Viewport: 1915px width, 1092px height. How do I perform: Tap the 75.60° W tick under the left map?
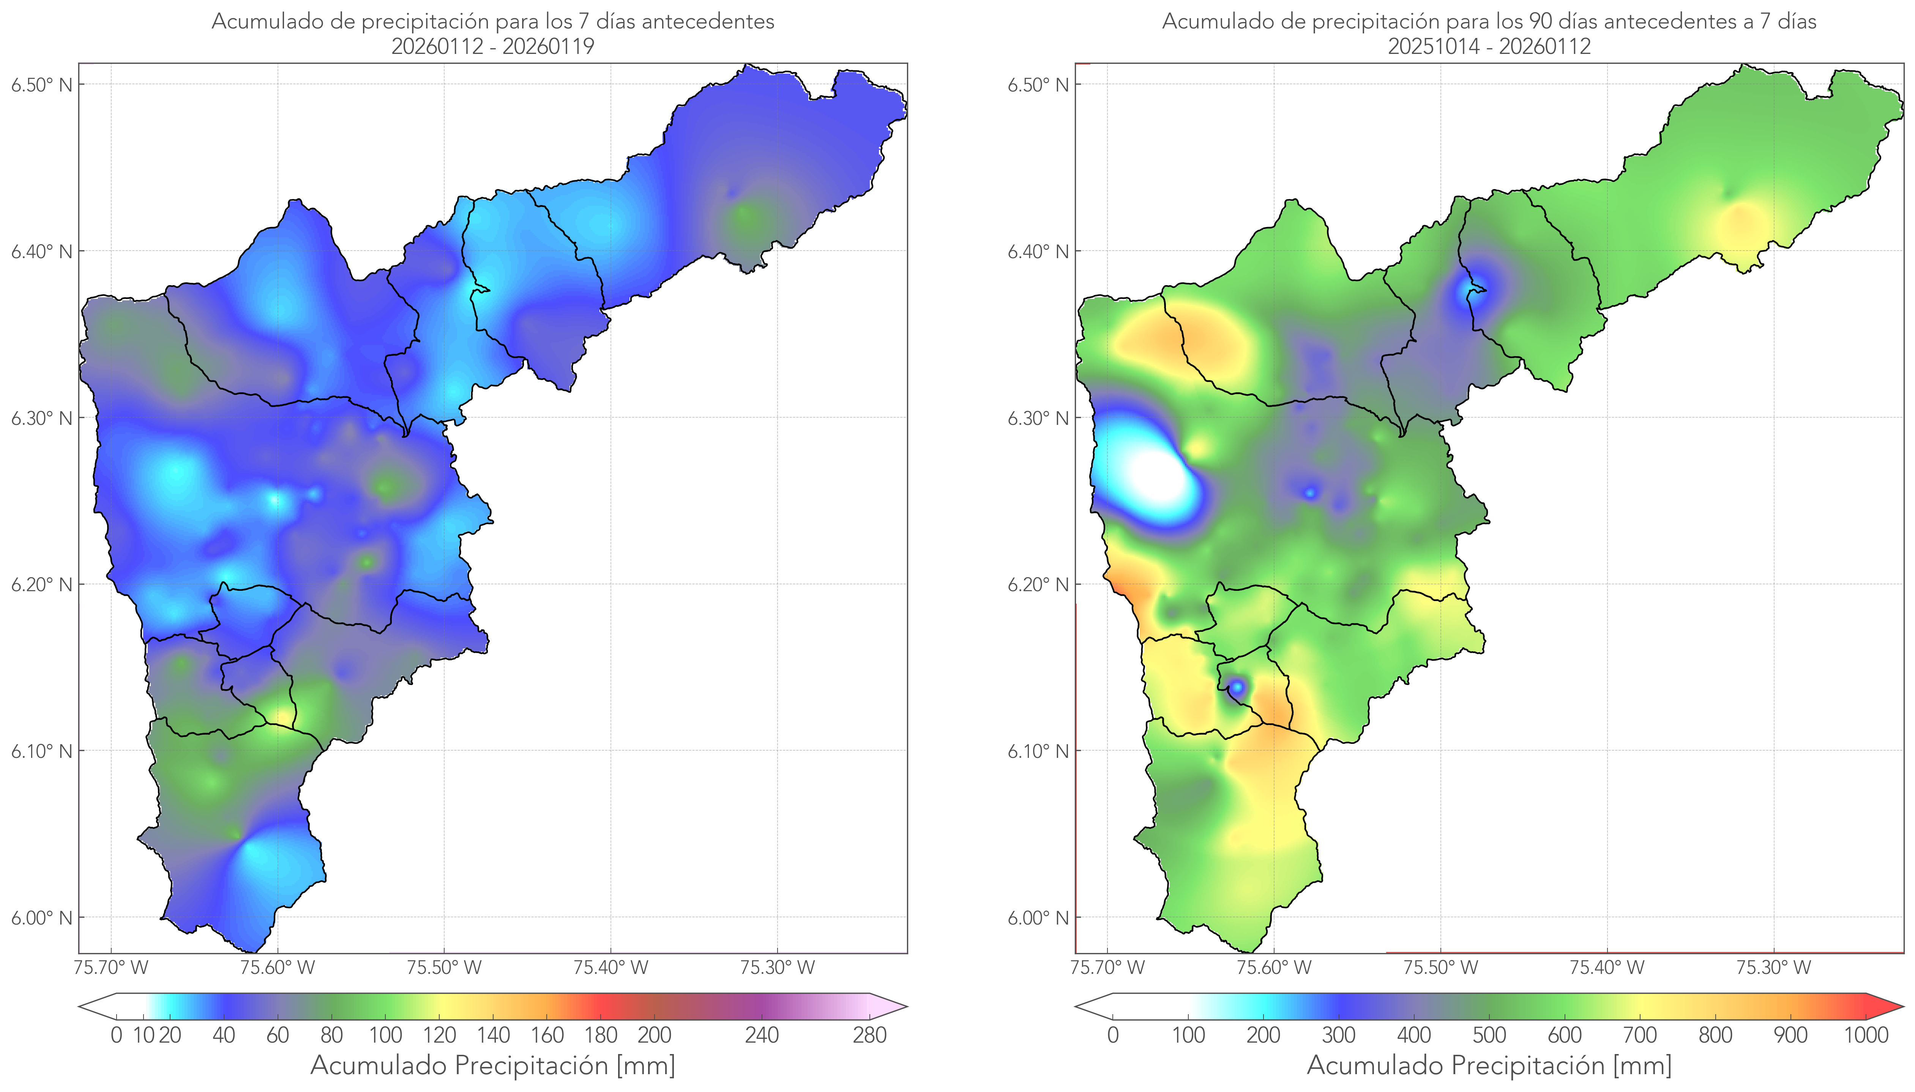tap(278, 967)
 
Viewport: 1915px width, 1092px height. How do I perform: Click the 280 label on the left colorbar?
tap(870, 1036)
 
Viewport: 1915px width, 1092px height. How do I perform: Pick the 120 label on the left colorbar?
tap(439, 1036)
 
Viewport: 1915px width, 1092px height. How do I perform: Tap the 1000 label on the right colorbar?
tap(1866, 1036)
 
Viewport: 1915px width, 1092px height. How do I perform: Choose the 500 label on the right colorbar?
tap(1489, 1036)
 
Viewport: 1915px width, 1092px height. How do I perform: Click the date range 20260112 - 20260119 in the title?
tap(493, 46)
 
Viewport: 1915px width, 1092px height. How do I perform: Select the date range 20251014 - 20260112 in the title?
tap(1489, 46)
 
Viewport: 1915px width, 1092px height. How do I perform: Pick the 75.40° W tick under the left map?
tap(610, 967)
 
